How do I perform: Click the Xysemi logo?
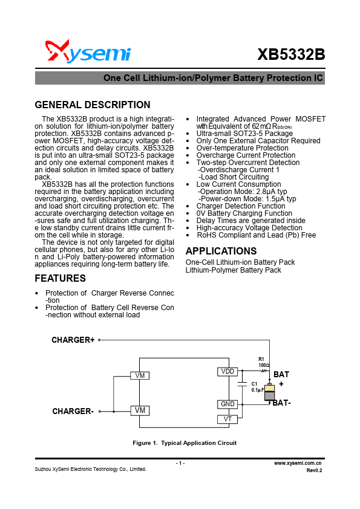tap(88, 52)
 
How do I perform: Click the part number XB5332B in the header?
tap(291, 54)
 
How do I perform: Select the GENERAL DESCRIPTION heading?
tap(93, 105)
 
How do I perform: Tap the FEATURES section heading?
tap(61, 279)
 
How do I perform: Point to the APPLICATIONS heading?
tap(221, 251)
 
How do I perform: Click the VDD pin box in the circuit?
tap(227, 371)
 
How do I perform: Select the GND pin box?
tap(227, 404)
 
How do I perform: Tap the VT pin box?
tap(227, 419)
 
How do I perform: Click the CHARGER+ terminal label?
tap(73, 340)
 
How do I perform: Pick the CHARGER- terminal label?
tap(73, 412)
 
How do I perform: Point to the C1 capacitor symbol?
tap(242, 385)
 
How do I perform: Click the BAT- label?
tap(281, 403)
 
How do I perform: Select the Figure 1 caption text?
tap(185, 443)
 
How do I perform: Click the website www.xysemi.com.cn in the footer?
tap(298, 462)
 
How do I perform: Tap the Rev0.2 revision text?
tap(314, 470)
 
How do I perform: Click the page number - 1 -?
tap(180, 463)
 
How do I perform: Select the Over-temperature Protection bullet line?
tap(242, 148)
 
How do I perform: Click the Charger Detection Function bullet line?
tap(241, 206)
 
